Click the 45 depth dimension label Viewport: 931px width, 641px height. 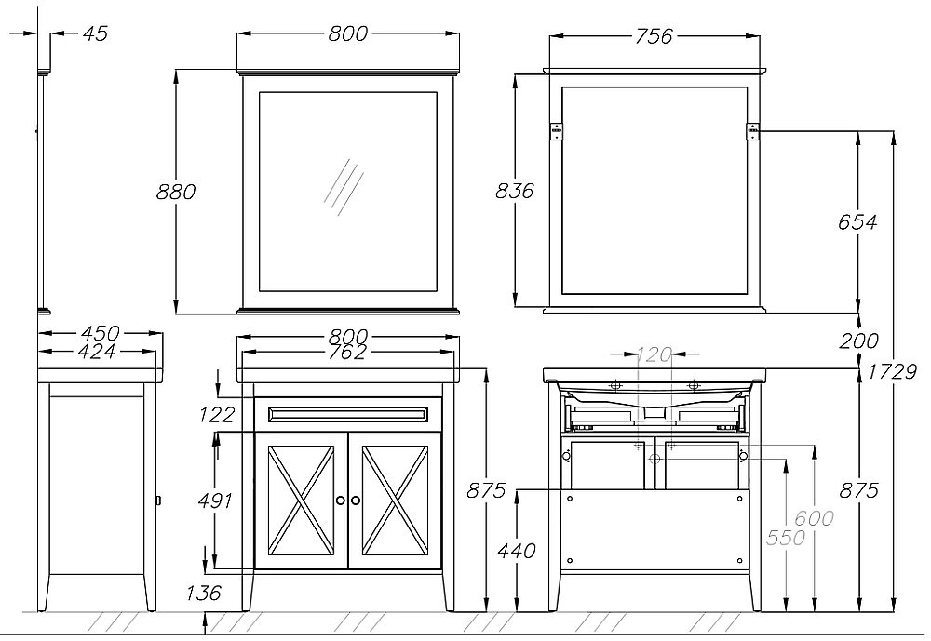pos(95,33)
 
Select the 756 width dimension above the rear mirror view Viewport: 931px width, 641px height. pos(654,36)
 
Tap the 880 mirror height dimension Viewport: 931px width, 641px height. pos(176,192)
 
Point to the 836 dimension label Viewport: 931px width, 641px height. pos(515,191)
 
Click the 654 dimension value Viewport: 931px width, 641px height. pos(857,222)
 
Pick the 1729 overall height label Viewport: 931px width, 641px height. pos(893,371)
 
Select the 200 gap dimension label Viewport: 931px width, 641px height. pos(858,341)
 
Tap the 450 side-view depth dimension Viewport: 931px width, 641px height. pos(101,332)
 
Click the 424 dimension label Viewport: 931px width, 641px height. pos(98,352)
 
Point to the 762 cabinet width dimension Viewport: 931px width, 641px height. pos(347,353)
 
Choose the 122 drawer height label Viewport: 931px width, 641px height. pos(217,414)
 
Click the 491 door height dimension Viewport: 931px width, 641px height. pos(215,501)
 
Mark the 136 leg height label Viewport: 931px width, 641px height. pos(204,593)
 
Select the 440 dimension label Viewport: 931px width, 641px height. pos(517,551)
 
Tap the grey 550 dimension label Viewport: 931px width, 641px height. pos(786,537)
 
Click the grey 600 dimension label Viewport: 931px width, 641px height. pos(814,518)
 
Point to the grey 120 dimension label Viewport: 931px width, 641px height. pos(654,355)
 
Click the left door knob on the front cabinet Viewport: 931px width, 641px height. pos(341,501)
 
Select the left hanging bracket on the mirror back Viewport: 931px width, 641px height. pos(556,131)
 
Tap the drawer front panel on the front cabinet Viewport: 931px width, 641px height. pos(347,414)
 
